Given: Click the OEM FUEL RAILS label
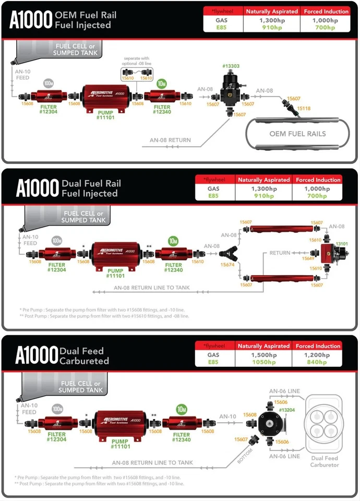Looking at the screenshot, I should tap(298, 134).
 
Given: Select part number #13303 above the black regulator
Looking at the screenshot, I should tap(231, 66).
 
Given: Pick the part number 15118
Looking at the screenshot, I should tap(304, 108).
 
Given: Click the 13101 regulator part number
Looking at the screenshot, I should tap(342, 244).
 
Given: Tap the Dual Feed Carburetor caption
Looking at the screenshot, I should tap(324, 461).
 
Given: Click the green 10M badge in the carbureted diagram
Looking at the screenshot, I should tap(182, 409).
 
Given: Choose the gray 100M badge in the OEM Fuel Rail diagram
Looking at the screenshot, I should tap(49, 83).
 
